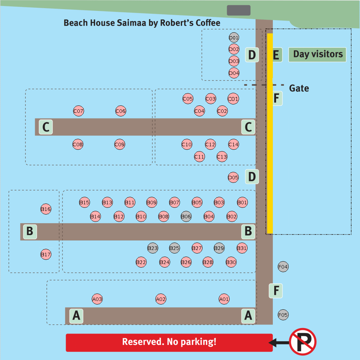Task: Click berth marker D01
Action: point(234,38)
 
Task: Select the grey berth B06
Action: point(186,217)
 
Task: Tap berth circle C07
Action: point(78,111)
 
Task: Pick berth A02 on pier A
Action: point(161,300)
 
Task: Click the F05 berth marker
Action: point(283,315)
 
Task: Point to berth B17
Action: point(46,255)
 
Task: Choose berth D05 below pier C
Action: point(233,178)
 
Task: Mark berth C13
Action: point(222,157)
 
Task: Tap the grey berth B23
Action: point(153,248)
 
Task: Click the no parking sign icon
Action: point(303,342)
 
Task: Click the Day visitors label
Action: point(317,54)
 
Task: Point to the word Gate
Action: point(299,88)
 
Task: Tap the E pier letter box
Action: point(276,55)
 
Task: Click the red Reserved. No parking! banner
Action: point(169,342)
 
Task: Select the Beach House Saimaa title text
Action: point(142,23)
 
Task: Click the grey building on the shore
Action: point(239,11)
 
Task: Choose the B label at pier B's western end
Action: point(30,231)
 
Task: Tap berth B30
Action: point(231,262)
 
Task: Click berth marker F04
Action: point(283,267)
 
